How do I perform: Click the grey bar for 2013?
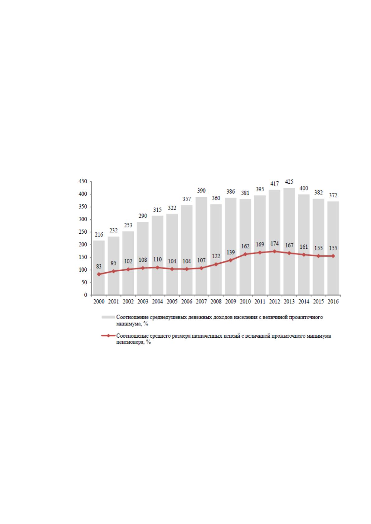coord(289,241)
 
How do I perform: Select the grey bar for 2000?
coord(99,268)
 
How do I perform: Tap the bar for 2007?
coord(201,246)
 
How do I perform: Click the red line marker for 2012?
coord(274,251)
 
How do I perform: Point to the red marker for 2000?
coord(99,274)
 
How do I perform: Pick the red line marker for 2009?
coord(231,260)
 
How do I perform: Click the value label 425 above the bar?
coord(289,182)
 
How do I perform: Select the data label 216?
coord(99,235)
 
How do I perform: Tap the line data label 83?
coord(99,266)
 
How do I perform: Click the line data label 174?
coord(274,244)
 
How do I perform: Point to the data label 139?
coord(231,252)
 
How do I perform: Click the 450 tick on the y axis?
coord(83,181)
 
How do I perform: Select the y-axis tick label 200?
coord(83,245)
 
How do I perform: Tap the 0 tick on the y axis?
coord(86,295)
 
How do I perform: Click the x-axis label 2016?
coord(333,302)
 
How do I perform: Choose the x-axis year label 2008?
coord(216,302)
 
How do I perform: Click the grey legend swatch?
coord(108,317)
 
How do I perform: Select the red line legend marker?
coord(108,336)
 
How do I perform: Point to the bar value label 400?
coord(304,188)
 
